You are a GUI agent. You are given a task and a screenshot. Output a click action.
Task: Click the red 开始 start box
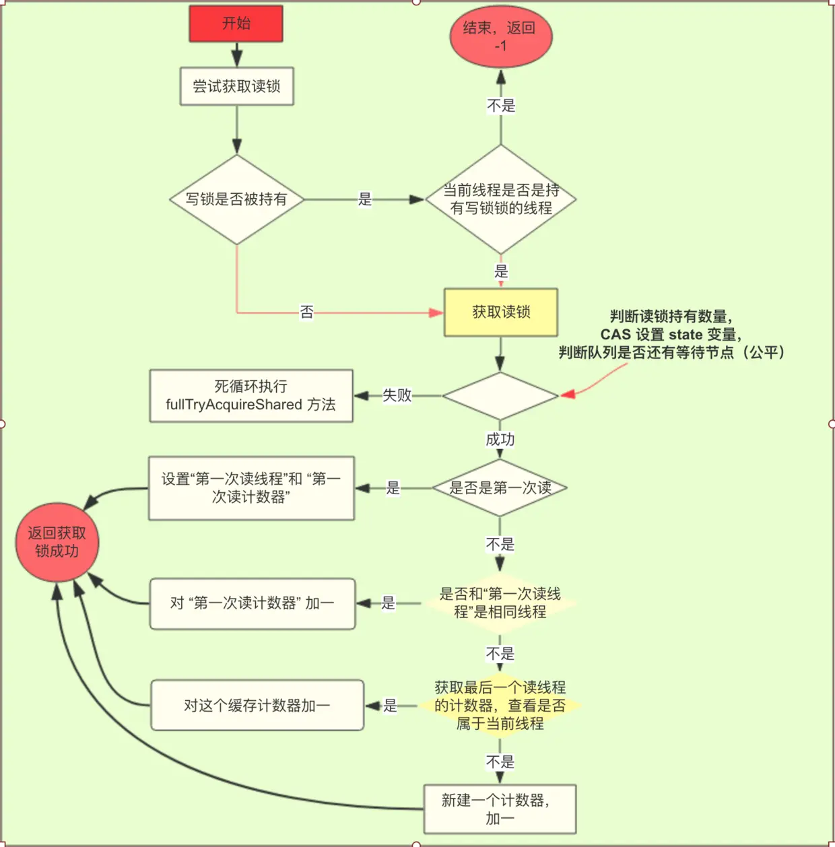[236, 24]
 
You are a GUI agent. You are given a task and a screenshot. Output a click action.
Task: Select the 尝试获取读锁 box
[236, 86]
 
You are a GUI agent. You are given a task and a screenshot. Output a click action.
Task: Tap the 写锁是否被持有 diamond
[236, 199]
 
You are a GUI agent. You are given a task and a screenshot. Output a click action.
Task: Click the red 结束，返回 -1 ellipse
[500, 36]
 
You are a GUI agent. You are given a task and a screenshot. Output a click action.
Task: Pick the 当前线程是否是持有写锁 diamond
[500, 199]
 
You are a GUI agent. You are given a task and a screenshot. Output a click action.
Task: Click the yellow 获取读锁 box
[500, 312]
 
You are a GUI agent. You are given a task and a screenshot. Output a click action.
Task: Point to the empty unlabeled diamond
[500, 396]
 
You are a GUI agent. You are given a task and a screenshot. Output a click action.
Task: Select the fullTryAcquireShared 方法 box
[250, 396]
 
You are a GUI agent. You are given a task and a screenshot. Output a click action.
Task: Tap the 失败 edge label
[397, 396]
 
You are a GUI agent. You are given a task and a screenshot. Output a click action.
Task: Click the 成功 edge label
[500, 440]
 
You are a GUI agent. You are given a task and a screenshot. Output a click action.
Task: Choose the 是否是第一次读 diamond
[500, 488]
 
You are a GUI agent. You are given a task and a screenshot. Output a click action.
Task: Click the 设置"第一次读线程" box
[250, 488]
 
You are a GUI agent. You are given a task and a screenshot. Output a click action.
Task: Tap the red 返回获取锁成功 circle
[57, 542]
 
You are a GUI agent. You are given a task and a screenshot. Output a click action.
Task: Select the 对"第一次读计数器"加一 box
[252, 603]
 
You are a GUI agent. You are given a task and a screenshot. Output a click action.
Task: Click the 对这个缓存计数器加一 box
[257, 706]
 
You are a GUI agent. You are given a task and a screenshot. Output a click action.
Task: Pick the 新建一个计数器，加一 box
[500, 809]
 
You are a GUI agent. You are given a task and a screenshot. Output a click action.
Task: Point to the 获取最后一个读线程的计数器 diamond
[500, 706]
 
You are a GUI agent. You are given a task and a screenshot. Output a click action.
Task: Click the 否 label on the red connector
[307, 312]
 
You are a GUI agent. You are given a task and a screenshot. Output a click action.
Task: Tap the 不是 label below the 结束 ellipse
[501, 106]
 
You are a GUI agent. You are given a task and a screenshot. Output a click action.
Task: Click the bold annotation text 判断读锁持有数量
[671, 316]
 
